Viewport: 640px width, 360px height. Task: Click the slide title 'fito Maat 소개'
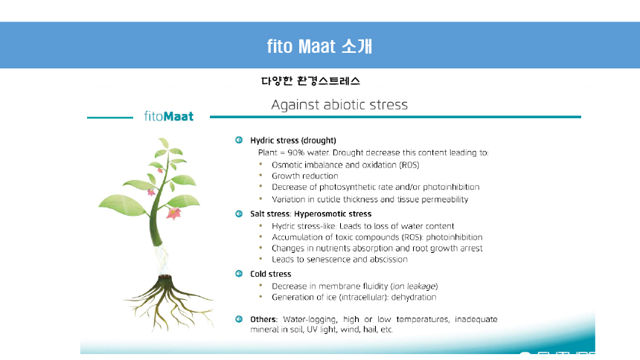point(319,46)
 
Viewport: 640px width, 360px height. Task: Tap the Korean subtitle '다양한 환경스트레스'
point(310,81)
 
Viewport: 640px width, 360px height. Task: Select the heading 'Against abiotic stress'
point(339,105)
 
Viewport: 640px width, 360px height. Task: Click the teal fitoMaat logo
point(169,116)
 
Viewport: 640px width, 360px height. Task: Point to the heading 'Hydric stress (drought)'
point(293,141)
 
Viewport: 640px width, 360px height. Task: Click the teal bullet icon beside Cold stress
point(239,274)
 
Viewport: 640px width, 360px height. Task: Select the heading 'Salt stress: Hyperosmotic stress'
point(310,214)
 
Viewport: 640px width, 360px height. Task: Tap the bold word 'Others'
point(263,319)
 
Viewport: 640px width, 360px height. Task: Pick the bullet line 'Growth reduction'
point(305,176)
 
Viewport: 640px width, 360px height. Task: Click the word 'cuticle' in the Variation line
point(329,199)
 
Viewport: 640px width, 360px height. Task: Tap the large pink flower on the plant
point(173,213)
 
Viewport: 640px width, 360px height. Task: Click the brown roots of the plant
point(167,302)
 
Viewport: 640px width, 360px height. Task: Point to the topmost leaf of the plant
point(164,143)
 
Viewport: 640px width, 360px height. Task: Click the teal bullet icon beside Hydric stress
point(239,140)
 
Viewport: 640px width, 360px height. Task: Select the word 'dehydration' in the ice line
point(414,297)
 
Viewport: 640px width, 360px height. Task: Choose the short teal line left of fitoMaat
point(110,118)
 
